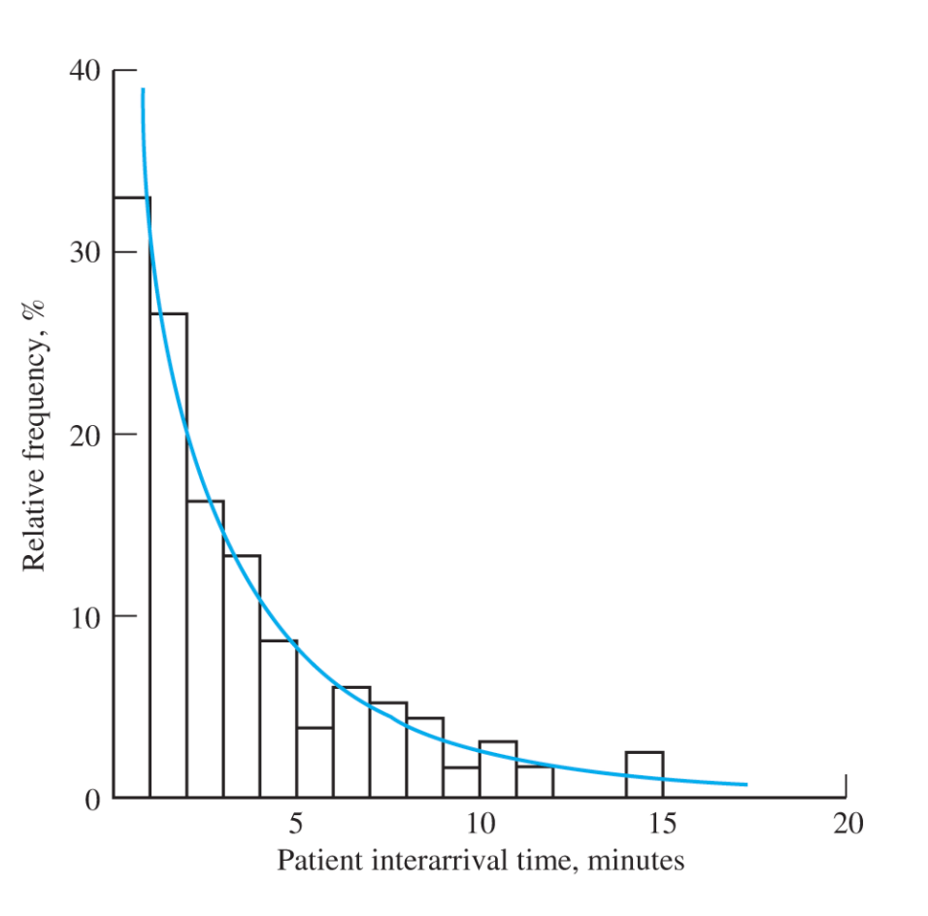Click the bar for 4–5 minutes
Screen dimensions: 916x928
[279, 718]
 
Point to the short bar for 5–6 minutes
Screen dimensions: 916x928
[315, 763]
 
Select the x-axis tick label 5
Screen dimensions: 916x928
[297, 826]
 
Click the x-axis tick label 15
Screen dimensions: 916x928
[662, 826]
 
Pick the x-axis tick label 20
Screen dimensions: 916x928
[845, 826]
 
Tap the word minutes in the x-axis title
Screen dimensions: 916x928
[641, 861]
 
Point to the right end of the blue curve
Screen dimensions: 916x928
[746, 784]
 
